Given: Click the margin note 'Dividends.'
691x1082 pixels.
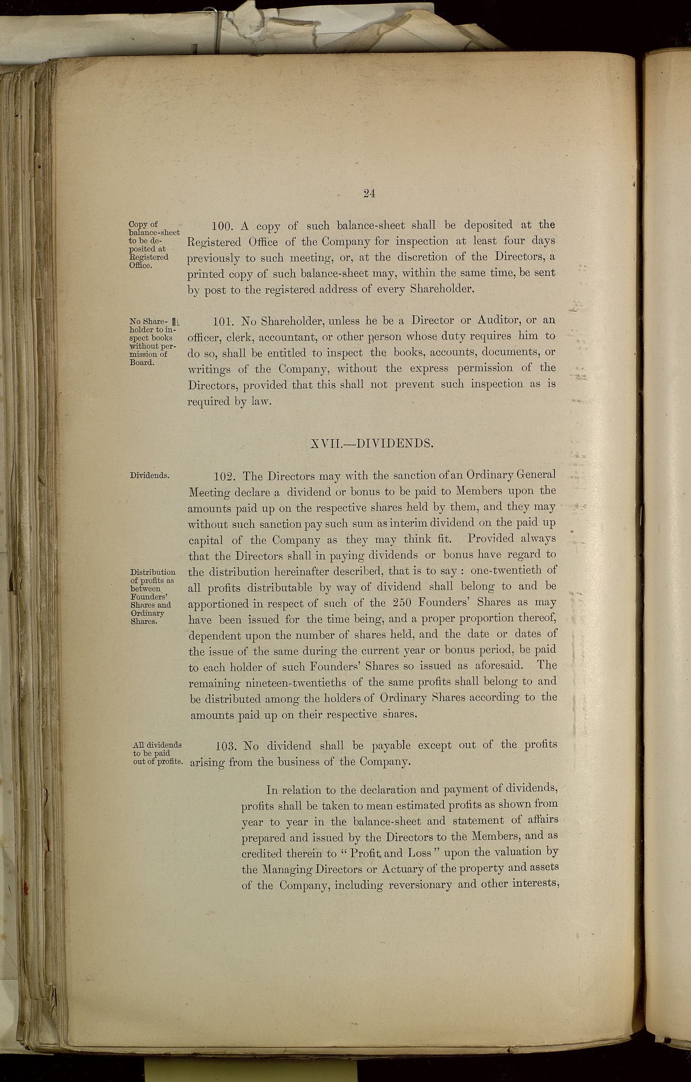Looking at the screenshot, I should coord(150,475).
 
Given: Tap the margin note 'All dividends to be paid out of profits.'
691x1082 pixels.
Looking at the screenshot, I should coord(157,753).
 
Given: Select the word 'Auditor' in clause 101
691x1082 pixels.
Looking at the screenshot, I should coord(493,320).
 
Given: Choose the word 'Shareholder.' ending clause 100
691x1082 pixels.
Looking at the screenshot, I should coord(442,289).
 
